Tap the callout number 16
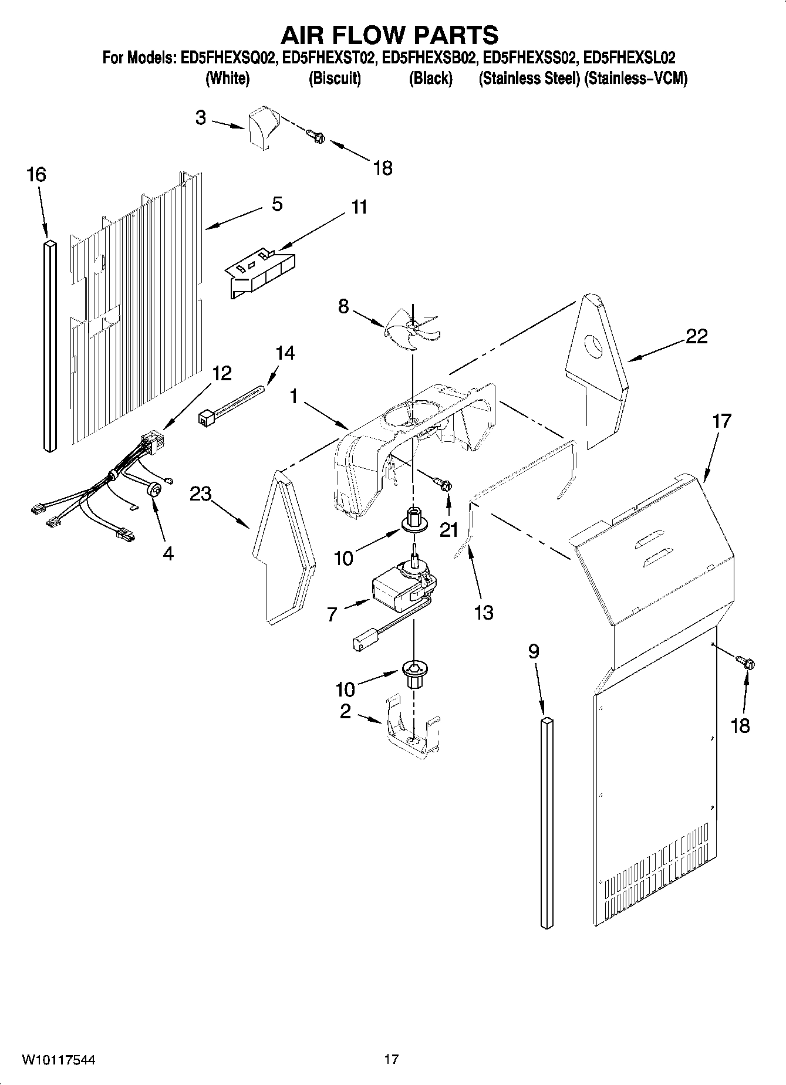(x=36, y=175)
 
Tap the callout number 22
(x=696, y=336)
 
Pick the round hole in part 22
(x=595, y=347)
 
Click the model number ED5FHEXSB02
(x=429, y=58)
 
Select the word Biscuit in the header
(x=335, y=79)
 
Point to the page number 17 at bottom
(x=392, y=1059)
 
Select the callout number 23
(x=200, y=494)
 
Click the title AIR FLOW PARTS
(x=389, y=35)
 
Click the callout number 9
(x=533, y=652)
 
